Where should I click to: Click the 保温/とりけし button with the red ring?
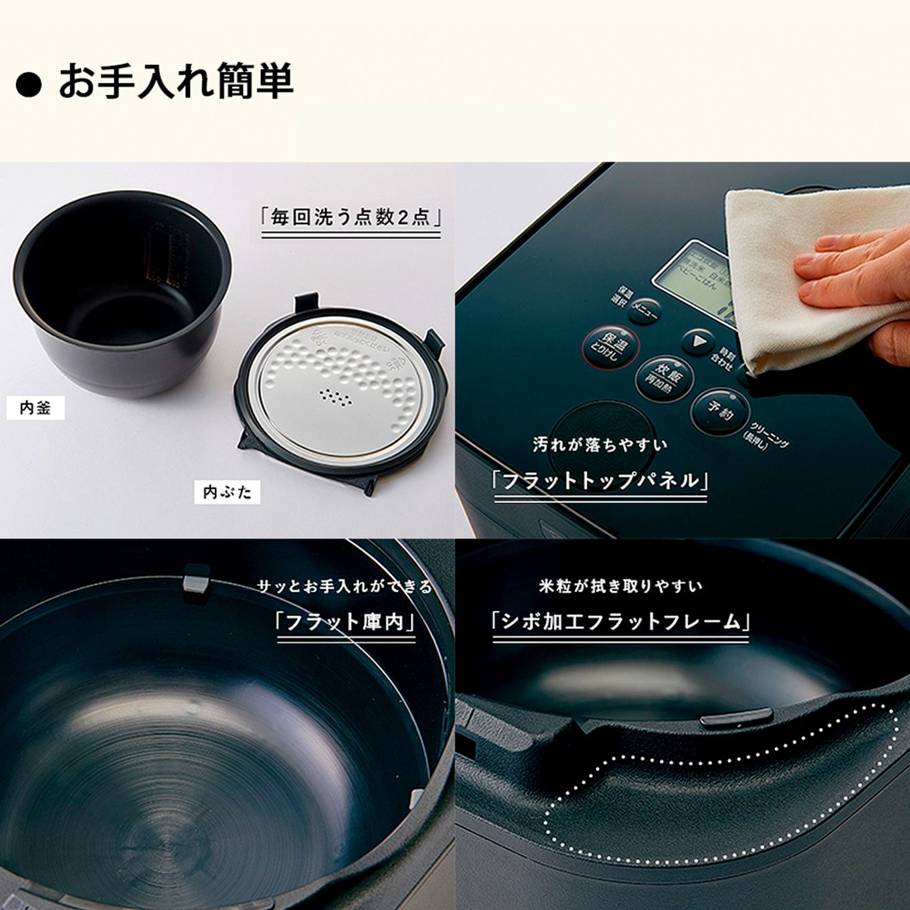pyautogui.click(x=611, y=347)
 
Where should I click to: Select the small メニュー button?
pyautogui.click(x=644, y=310)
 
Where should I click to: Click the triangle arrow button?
pyautogui.click(x=698, y=342)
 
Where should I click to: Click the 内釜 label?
pyautogui.click(x=35, y=407)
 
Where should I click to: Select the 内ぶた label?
pyautogui.click(x=227, y=492)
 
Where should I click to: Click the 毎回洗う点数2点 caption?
pyautogui.click(x=351, y=217)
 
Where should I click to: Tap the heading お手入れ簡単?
pyautogui.click(x=176, y=82)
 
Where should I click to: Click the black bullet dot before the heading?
pyautogui.click(x=28, y=85)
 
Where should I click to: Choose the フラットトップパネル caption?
pyautogui.click(x=600, y=481)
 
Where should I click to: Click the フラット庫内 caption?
pyautogui.click(x=345, y=622)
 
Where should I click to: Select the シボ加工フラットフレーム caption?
pyautogui.click(x=620, y=622)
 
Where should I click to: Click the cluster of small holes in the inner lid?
pyautogui.click(x=337, y=398)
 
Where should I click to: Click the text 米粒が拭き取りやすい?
pyautogui.click(x=620, y=587)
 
